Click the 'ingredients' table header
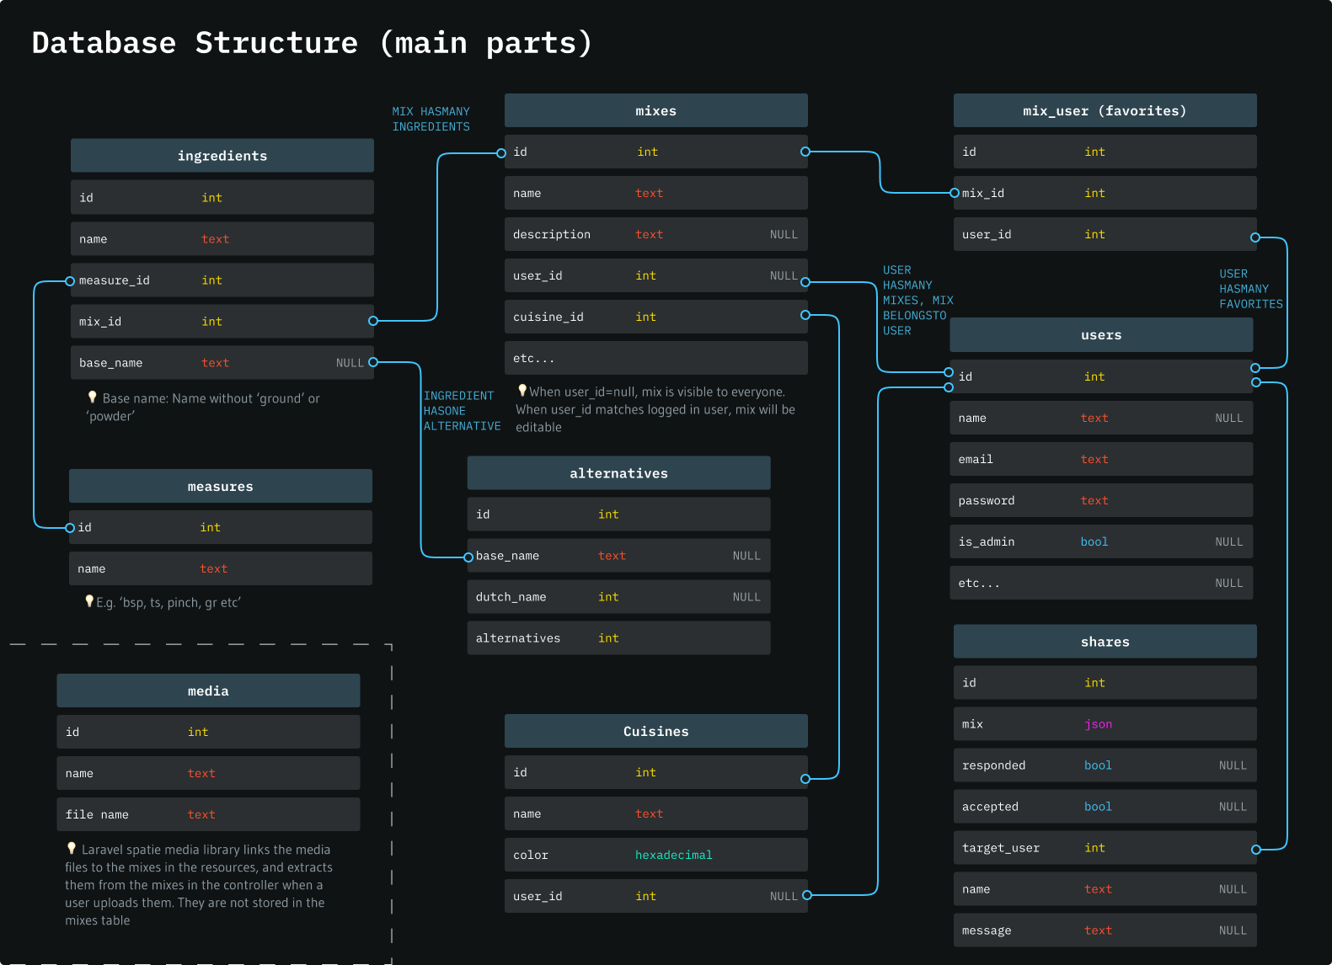[x=222, y=156]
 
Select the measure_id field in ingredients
[x=115, y=280]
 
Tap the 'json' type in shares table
[x=1098, y=724]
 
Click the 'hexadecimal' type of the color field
[x=673, y=856]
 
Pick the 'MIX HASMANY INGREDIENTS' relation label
[x=431, y=119]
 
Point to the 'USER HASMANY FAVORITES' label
[x=1250, y=289]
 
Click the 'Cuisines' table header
[x=655, y=731]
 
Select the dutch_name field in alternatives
[x=511, y=597]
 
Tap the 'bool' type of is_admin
[x=1094, y=542]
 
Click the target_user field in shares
[x=1000, y=848]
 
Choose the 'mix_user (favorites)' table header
[x=1104, y=111]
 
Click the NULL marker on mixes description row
[x=783, y=235]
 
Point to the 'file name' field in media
[x=97, y=815]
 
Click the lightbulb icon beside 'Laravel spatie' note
[x=72, y=848]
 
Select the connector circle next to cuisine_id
[x=805, y=315]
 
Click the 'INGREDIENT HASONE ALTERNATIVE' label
[x=461, y=411]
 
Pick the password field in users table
[x=986, y=501]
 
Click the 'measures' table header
[x=220, y=487]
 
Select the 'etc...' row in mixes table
[x=534, y=359]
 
